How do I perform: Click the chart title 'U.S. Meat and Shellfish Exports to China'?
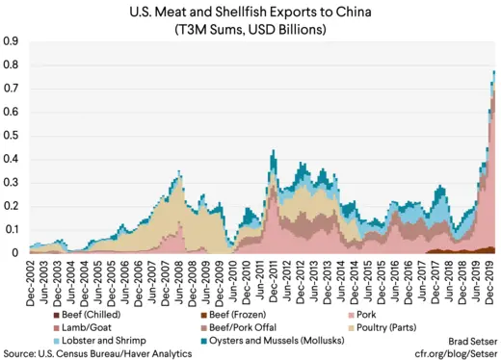click(250, 12)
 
